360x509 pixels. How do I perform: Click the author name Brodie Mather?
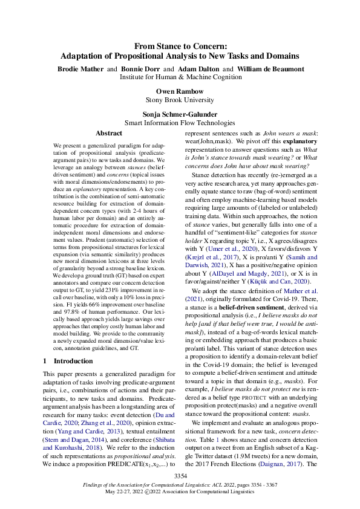[81, 69]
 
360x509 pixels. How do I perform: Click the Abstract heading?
[109, 133]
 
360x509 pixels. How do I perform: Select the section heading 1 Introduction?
[68, 361]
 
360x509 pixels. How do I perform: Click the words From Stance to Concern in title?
[180, 45]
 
